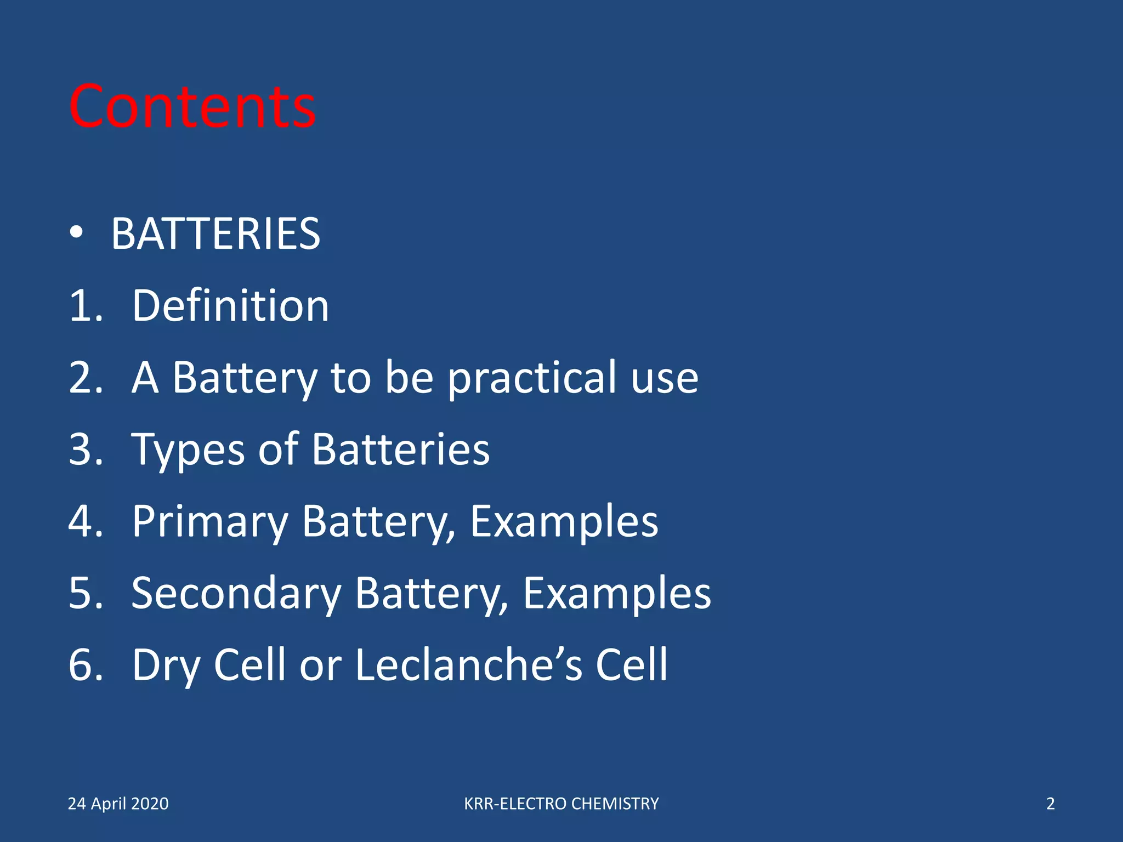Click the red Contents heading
pos(192,106)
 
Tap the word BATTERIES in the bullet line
pos(215,234)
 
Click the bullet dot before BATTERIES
pos(77,232)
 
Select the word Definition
pos(230,305)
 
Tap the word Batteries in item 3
pos(400,450)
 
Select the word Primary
pos(210,521)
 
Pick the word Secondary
pos(236,593)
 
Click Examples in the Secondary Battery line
pos(617,593)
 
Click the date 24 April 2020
pos(118,804)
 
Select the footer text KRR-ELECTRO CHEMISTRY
pos(561,804)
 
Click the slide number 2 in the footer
pos(1050,804)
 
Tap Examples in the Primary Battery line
pos(564,521)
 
